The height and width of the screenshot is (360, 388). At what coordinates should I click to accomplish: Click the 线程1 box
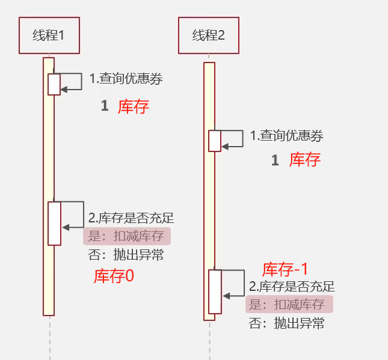point(49,35)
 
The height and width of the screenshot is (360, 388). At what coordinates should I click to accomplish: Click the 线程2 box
point(209,35)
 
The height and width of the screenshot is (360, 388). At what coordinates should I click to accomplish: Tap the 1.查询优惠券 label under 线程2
point(287,136)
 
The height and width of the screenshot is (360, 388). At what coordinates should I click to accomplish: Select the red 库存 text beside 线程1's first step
point(133,106)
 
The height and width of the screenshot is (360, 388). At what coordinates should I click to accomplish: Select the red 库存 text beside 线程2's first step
point(305,160)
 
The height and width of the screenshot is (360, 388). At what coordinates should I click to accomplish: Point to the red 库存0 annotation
point(114,276)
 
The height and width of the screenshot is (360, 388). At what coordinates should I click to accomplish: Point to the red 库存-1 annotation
point(286,269)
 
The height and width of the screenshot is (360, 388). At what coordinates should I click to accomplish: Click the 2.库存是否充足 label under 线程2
point(292,287)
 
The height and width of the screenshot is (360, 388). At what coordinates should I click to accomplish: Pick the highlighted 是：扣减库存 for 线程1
point(127,236)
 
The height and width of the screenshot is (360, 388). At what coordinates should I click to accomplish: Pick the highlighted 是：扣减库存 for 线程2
point(289,304)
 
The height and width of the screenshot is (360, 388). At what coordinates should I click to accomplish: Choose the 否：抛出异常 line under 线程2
point(287,323)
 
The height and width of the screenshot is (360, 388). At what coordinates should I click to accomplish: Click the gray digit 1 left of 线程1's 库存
point(105,106)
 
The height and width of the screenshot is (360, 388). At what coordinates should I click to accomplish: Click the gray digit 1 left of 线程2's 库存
point(276,160)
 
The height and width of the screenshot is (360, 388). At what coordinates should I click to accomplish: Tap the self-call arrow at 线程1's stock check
point(73,215)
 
